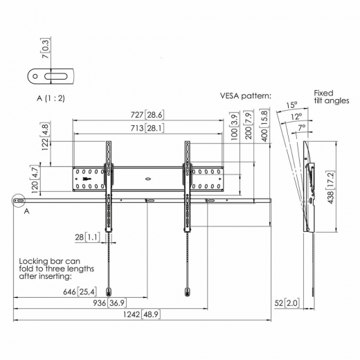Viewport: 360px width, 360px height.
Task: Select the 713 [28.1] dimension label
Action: tap(147, 127)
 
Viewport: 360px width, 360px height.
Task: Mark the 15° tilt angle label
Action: tap(291, 106)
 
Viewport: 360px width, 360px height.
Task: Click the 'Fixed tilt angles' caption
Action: tap(328, 98)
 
